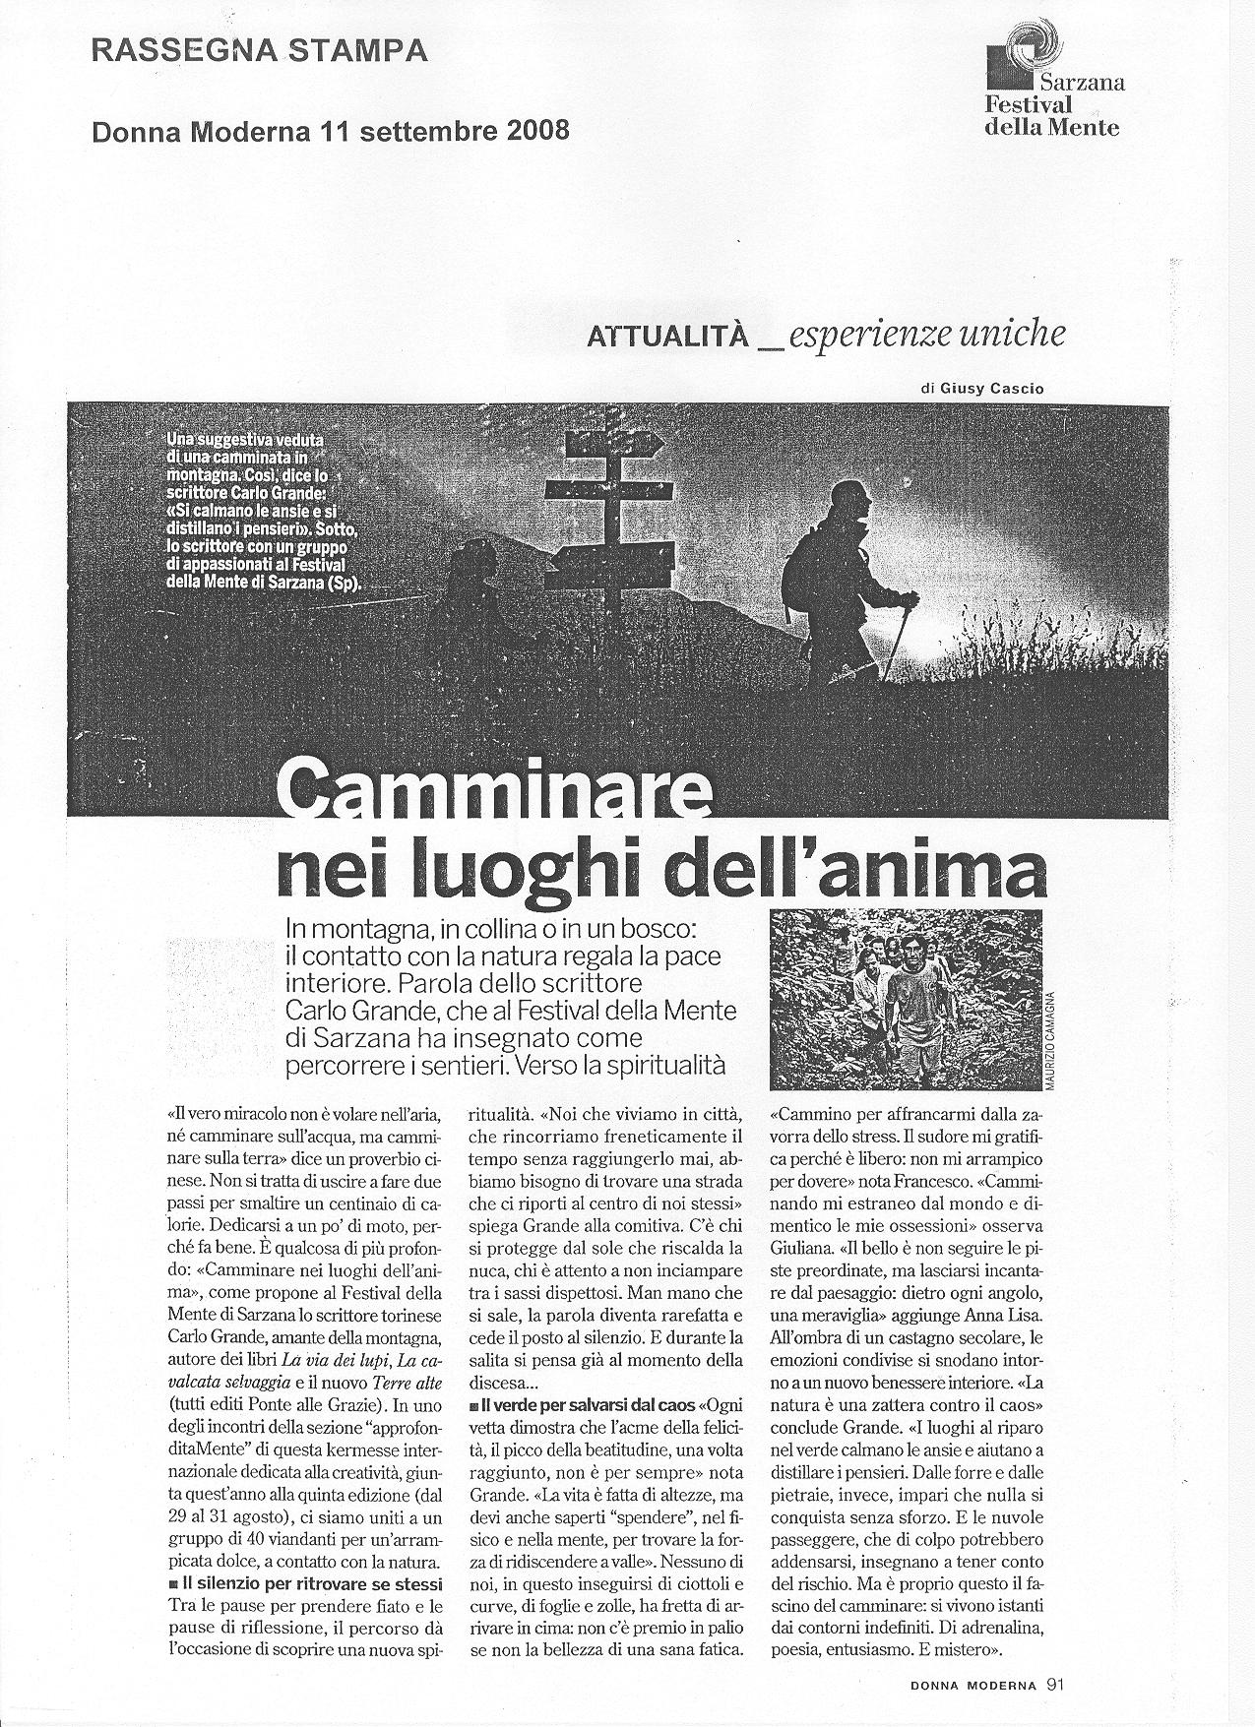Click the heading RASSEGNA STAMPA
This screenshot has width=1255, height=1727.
click(x=259, y=51)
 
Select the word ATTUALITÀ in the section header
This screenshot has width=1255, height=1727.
click(x=668, y=338)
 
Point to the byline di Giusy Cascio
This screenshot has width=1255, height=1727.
click(x=981, y=390)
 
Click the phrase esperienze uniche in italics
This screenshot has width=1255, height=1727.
click(x=927, y=337)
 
